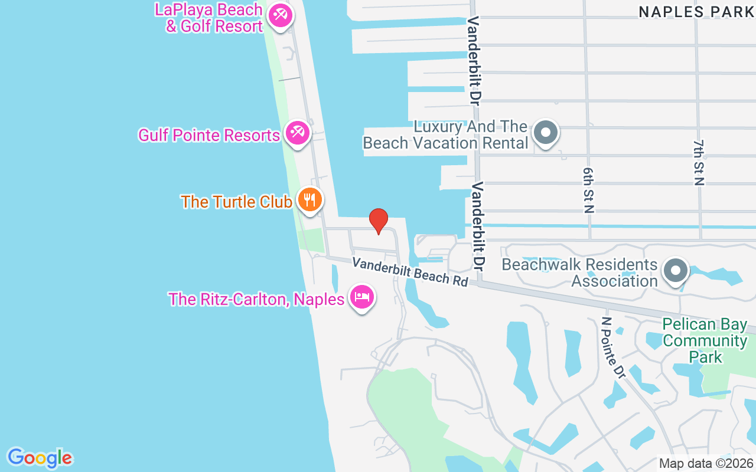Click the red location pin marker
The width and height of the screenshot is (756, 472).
[x=379, y=221]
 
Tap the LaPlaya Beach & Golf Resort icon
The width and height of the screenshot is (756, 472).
[x=280, y=15]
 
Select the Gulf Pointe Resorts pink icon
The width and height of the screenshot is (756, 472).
[x=297, y=133]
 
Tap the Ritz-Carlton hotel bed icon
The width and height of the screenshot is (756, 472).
[x=362, y=297]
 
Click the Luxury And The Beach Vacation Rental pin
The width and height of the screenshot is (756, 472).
[x=546, y=132]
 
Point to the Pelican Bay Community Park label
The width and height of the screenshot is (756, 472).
[x=705, y=340]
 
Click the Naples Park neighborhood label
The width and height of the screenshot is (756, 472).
[x=696, y=12]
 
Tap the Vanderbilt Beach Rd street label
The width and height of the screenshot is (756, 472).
[x=410, y=271]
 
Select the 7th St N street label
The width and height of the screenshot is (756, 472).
[x=699, y=162]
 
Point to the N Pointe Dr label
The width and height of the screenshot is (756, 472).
[x=613, y=348]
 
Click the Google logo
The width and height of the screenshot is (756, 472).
[x=40, y=458]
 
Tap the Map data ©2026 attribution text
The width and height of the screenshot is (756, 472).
[x=706, y=464]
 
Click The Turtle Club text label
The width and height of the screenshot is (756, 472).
[x=236, y=202]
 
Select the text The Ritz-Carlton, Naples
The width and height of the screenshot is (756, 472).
[x=256, y=299]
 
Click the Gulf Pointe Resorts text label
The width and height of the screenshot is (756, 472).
[x=209, y=135]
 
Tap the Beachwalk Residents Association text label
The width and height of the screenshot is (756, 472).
[x=579, y=273]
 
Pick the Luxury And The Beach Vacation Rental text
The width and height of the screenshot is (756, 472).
[x=445, y=135]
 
